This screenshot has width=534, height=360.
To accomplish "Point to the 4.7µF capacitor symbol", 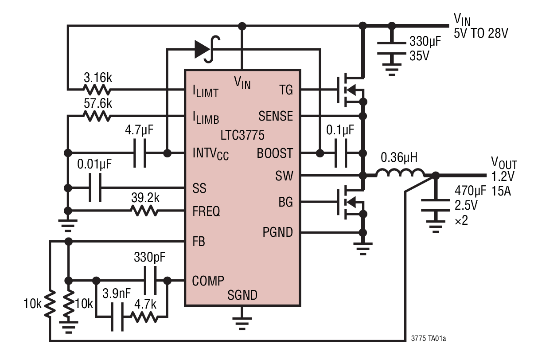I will click(x=140, y=153).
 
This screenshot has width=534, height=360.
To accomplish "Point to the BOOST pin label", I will click(x=275, y=153).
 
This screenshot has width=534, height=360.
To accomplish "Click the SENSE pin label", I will click(x=276, y=116).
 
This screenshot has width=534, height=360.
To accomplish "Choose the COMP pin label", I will click(x=208, y=281).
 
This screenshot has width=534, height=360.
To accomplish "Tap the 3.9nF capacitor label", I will click(x=116, y=294).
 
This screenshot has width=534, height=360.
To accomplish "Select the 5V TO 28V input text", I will click(x=480, y=33).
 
